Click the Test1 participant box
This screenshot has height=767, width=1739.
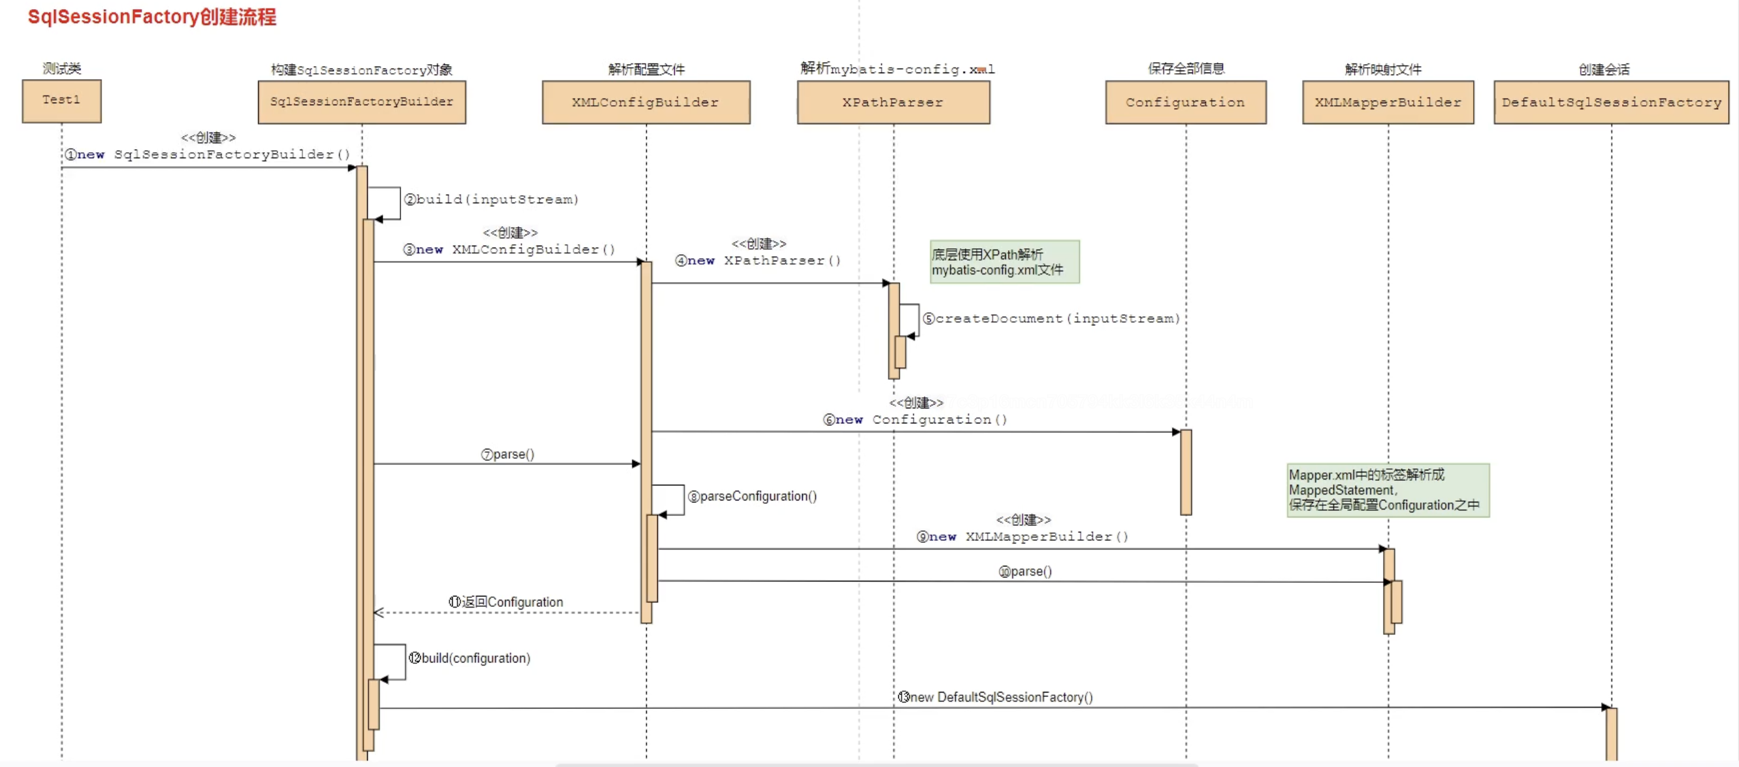tap(61, 101)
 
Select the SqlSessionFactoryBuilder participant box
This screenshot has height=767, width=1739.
tap(362, 103)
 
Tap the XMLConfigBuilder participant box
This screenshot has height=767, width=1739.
tap(646, 103)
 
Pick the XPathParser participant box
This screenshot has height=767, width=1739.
tap(893, 103)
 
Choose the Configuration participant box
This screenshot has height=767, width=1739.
tap(1186, 103)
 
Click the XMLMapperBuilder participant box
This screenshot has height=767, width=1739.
tap(1388, 103)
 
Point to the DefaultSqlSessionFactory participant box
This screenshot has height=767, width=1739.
tap(1612, 103)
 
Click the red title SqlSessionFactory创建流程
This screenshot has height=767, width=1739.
tap(152, 17)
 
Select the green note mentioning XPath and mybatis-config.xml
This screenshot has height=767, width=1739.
tap(1005, 262)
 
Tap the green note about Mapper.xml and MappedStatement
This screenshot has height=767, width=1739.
tap(1388, 490)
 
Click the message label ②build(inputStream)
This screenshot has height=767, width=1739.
tap(491, 200)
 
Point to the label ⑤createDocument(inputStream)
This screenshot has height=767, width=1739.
tap(1052, 319)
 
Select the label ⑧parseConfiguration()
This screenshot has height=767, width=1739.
tap(752, 497)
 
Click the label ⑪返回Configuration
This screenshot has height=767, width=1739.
tap(506, 602)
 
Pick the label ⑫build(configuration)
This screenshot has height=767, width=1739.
tap(470, 659)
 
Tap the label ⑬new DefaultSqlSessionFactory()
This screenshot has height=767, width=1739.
tap(995, 697)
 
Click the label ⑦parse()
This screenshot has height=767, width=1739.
tap(508, 455)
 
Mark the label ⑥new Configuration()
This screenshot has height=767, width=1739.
tap(915, 420)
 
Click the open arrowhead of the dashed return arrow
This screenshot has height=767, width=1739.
tap(379, 612)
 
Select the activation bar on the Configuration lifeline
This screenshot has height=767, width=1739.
tap(1186, 472)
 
